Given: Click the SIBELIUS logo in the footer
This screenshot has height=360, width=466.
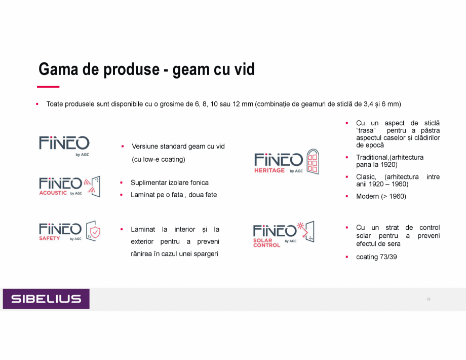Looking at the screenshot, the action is pos(46,299).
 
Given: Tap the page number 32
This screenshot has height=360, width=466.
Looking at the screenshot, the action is pos(428,299).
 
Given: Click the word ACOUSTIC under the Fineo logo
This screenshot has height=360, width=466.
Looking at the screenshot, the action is pos(53,193).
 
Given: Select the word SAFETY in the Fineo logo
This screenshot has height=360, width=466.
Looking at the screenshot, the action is pos(49,238).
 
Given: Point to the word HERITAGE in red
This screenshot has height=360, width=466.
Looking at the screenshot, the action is pos(269,170).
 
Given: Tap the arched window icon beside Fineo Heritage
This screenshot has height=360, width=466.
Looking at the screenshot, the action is pos(313,162).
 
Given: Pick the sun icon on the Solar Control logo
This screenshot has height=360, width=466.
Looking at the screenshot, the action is pos(300,226).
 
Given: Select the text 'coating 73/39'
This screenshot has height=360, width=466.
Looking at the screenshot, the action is pos(376,257).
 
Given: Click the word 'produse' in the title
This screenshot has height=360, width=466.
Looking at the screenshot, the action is pos(132,69).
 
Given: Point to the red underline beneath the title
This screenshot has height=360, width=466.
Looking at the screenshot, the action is pos(48,87).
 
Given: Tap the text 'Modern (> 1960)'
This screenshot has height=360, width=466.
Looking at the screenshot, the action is pos(381,196).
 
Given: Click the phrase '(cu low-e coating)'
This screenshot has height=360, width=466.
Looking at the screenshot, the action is pos(159,160).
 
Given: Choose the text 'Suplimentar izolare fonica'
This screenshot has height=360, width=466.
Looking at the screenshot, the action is pos(169,183).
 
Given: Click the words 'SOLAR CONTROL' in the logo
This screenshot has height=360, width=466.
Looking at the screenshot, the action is pos(266,243).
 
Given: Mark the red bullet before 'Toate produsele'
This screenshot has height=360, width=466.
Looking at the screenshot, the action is pos(37,104).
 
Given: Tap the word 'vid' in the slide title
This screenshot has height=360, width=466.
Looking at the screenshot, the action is pos(245,69).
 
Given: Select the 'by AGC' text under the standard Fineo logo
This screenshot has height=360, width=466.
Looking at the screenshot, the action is pos(83,155).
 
